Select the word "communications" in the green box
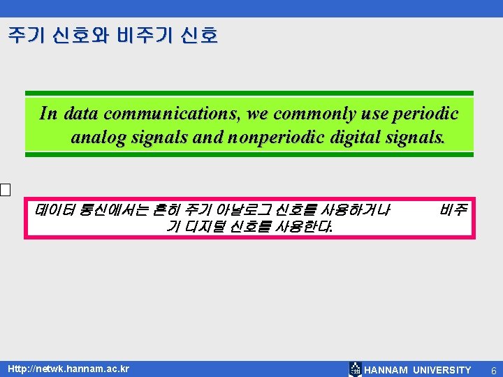tap(163, 114)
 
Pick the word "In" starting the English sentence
tap(48, 114)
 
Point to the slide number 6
tap(493, 370)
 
